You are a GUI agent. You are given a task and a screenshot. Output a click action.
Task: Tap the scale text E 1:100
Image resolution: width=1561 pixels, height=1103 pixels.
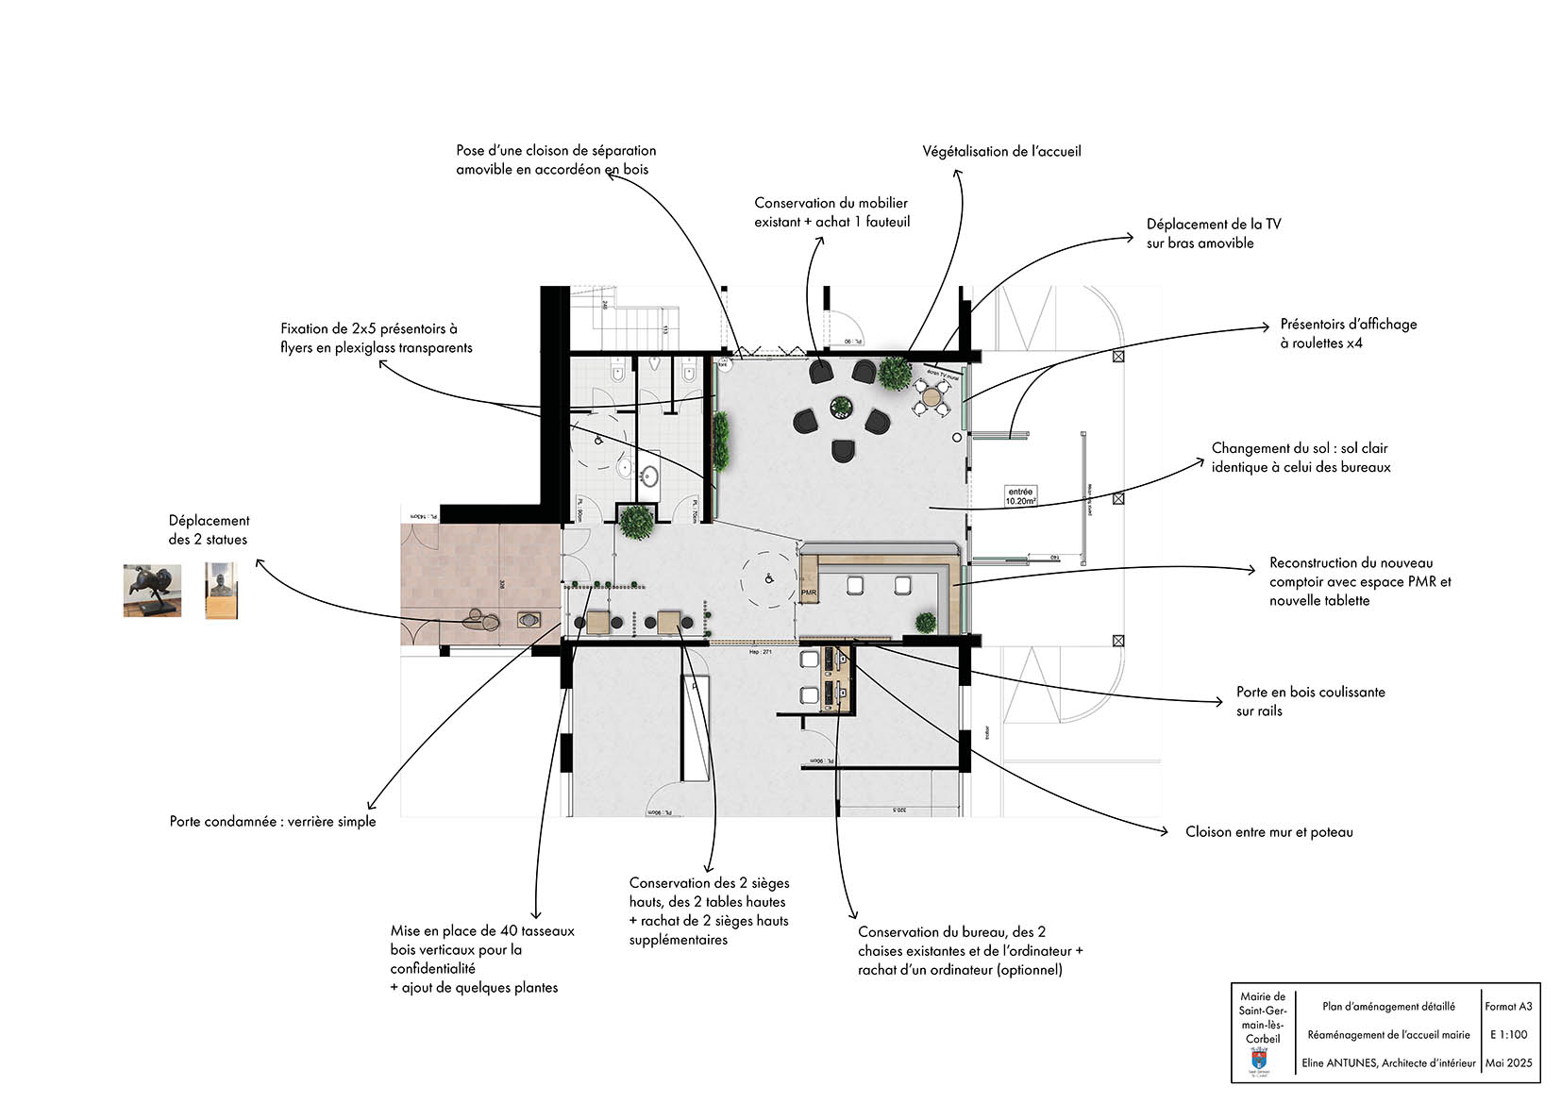tap(1508, 1034)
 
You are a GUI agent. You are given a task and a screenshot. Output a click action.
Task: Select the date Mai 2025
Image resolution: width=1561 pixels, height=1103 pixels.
tap(1508, 1062)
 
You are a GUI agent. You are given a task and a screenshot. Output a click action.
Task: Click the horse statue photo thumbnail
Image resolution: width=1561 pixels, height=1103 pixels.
tap(152, 591)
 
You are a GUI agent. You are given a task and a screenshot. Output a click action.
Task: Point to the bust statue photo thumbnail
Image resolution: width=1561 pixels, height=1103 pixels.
tap(221, 591)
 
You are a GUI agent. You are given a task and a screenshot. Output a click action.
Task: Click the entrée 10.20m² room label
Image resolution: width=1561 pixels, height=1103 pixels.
tap(1020, 496)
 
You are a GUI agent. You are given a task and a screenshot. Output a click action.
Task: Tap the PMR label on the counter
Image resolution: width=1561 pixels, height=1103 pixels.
tap(808, 593)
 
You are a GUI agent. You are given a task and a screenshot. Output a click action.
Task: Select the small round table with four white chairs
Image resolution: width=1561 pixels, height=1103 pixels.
tap(932, 398)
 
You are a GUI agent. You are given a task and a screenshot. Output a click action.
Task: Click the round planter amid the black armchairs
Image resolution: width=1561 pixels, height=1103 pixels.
tap(840, 408)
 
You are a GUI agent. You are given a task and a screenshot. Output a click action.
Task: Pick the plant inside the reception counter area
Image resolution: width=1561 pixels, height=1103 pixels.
tap(926, 622)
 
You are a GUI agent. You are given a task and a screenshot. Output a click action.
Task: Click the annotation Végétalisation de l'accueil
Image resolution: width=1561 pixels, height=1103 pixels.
tap(1001, 151)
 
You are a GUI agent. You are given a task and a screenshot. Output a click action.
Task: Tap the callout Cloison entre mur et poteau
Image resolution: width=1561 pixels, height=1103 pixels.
tap(1268, 831)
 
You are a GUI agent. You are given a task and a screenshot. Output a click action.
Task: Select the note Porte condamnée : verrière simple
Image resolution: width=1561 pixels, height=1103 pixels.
tap(273, 821)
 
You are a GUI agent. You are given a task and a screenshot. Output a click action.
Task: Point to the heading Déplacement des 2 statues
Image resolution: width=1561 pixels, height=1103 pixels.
tap(209, 529)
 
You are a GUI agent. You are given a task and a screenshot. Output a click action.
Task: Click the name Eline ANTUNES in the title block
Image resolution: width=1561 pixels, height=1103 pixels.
tap(1339, 1062)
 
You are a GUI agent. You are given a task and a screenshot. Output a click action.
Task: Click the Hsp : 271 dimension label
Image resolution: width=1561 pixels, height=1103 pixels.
tap(761, 652)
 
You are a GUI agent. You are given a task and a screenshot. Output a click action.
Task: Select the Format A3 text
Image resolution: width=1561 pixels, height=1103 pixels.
tap(1508, 1006)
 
